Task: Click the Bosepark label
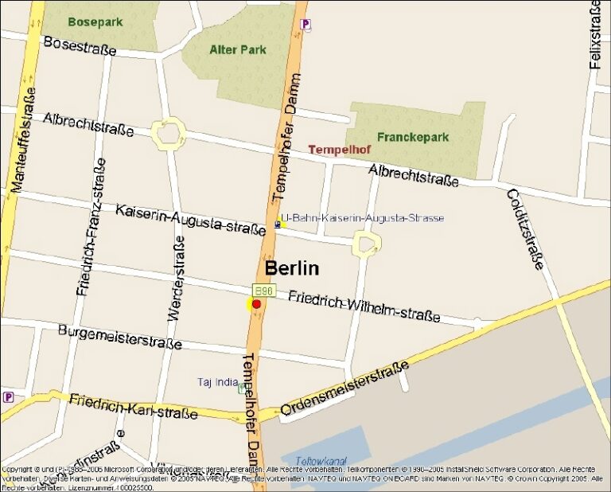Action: (x=95, y=22)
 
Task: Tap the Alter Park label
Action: (x=238, y=49)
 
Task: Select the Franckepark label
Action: (x=413, y=137)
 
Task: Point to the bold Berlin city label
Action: (x=292, y=268)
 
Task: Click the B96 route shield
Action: (x=263, y=291)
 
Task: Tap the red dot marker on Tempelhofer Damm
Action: (x=256, y=304)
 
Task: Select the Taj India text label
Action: (x=218, y=382)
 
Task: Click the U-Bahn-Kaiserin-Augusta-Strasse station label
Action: (x=363, y=218)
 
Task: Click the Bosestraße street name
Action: (x=80, y=46)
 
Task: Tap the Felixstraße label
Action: (x=595, y=35)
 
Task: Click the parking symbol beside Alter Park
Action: (x=305, y=25)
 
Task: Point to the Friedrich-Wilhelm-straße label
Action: (x=364, y=306)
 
